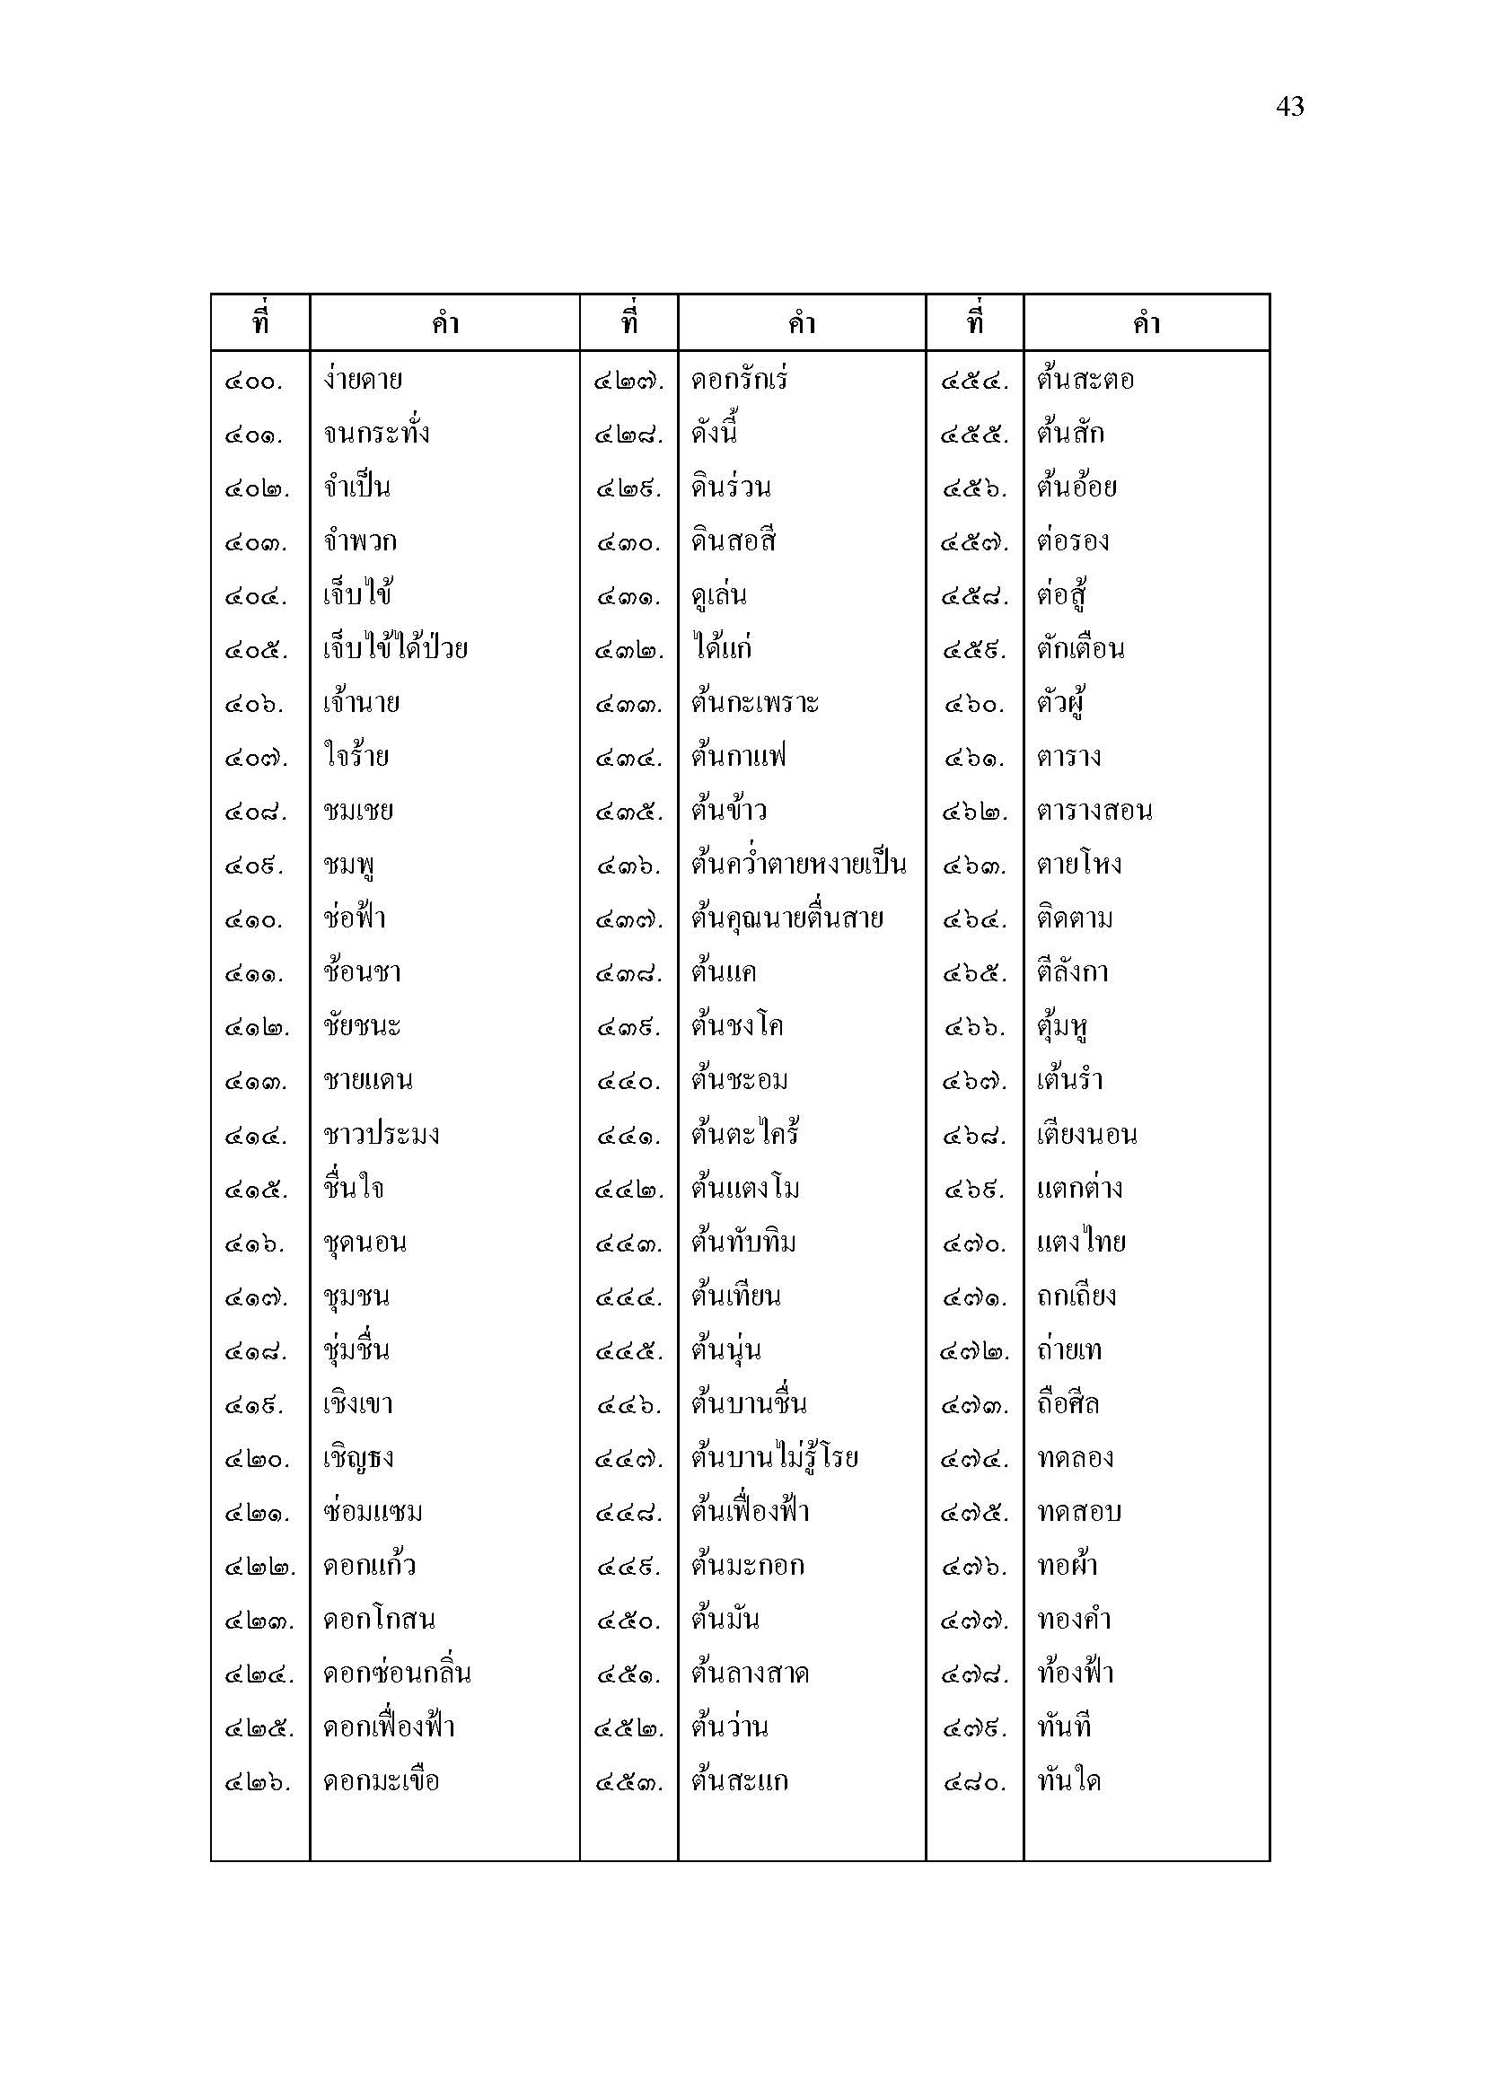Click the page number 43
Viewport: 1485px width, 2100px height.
pos(1289,107)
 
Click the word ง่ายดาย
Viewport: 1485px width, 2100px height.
pos(363,380)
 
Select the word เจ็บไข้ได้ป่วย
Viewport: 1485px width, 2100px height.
pos(395,649)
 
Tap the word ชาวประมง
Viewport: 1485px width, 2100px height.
pos(382,1135)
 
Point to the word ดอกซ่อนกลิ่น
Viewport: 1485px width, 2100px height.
pos(397,1674)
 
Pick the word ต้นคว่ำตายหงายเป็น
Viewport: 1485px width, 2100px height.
pos(798,865)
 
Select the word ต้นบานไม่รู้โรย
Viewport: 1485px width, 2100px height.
pos(775,1458)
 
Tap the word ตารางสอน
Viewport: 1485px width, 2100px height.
pos(1094,812)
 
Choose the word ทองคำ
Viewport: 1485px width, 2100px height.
pos(1074,1620)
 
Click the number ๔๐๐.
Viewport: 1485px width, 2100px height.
pos(254,382)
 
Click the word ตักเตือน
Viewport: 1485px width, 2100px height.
pos(1080,649)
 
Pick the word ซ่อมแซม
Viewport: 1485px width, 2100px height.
pos(373,1512)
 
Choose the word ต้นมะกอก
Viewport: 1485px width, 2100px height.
pos(748,1566)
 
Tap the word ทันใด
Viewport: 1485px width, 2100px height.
pos(1069,1780)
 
